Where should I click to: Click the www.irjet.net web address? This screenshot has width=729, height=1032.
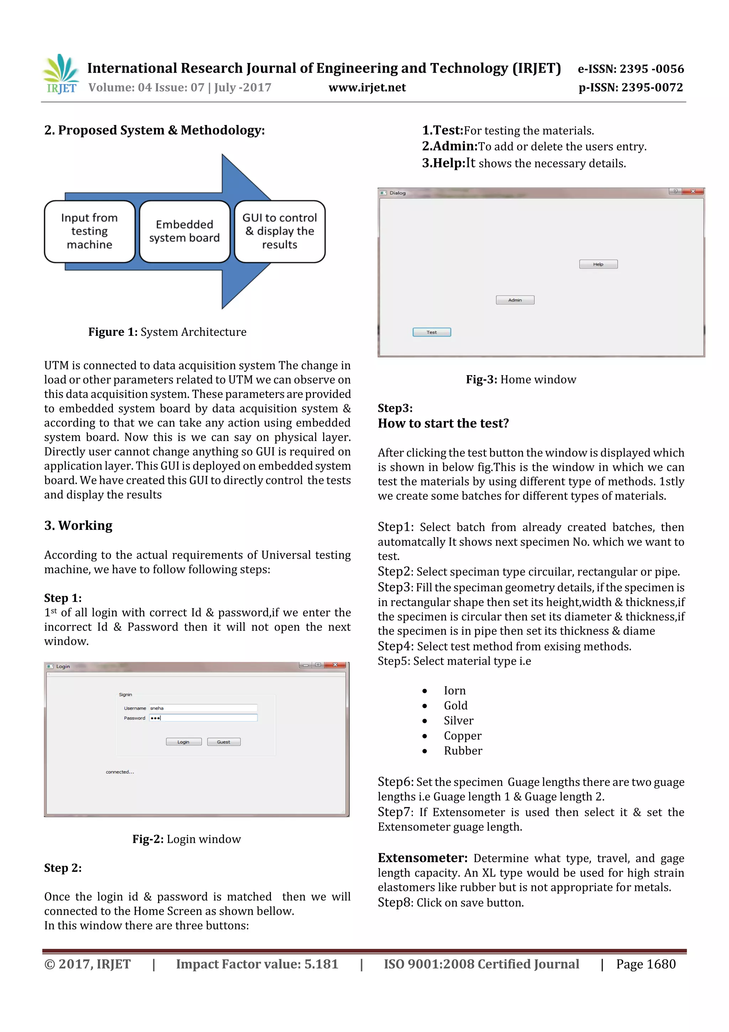point(367,88)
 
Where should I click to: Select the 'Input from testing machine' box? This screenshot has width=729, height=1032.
point(90,232)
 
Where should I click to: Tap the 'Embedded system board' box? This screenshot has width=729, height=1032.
point(185,232)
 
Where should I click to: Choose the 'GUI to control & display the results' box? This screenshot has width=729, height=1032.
point(279,232)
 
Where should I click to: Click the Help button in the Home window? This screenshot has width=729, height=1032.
point(598,264)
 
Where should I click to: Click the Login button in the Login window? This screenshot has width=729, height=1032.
point(183,742)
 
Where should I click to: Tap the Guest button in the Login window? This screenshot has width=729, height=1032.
point(223,742)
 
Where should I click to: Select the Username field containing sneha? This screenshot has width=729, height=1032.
point(203,708)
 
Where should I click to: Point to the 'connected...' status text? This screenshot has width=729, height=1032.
point(120,772)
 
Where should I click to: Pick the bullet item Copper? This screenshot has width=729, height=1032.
point(462,736)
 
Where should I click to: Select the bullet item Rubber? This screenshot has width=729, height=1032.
point(463,751)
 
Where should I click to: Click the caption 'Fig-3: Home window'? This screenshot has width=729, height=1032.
point(520,380)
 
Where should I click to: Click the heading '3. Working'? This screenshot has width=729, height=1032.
point(79,525)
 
